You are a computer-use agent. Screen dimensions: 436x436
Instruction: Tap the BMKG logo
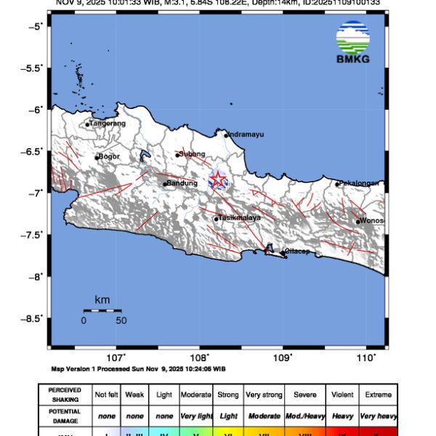[x=352, y=43]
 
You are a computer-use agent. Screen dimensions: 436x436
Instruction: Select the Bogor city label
[x=108, y=156]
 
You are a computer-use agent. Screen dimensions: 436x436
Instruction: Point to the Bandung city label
[x=182, y=183]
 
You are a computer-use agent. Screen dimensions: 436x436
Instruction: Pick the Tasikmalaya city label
[x=239, y=217]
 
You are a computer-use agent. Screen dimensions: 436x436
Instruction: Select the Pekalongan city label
[x=359, y=183]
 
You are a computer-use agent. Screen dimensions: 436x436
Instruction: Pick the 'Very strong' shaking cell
[x=263, y=395]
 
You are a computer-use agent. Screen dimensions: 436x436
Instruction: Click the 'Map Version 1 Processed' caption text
[x=138, y=369]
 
